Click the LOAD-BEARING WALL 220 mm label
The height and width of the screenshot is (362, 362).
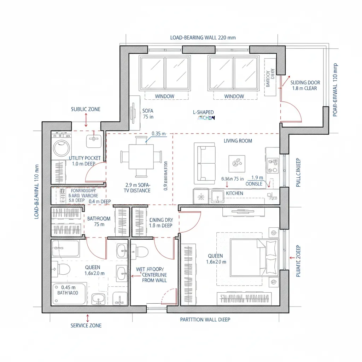(203, 37)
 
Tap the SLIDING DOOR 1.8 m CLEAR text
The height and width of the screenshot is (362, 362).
(305, 86)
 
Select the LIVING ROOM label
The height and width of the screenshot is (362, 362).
(238, 141)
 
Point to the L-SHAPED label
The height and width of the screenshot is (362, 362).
(203, 112)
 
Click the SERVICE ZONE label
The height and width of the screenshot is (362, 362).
(86, 325)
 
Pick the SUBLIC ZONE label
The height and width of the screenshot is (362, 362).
(86, 109)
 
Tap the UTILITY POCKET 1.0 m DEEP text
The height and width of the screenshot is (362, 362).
(84, 161)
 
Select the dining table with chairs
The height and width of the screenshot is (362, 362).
(141, 156)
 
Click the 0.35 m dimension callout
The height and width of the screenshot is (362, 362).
(158, 134)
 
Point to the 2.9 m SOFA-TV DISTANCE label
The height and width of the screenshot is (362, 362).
(138, 188)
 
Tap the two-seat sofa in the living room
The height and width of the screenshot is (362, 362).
(205, 163)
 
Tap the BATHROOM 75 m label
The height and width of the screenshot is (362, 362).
(99, 221)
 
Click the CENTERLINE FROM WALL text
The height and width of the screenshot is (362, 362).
(154, 277)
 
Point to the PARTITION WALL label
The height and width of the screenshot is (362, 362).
(205, 320)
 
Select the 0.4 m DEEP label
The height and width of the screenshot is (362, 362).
(100, 202)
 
